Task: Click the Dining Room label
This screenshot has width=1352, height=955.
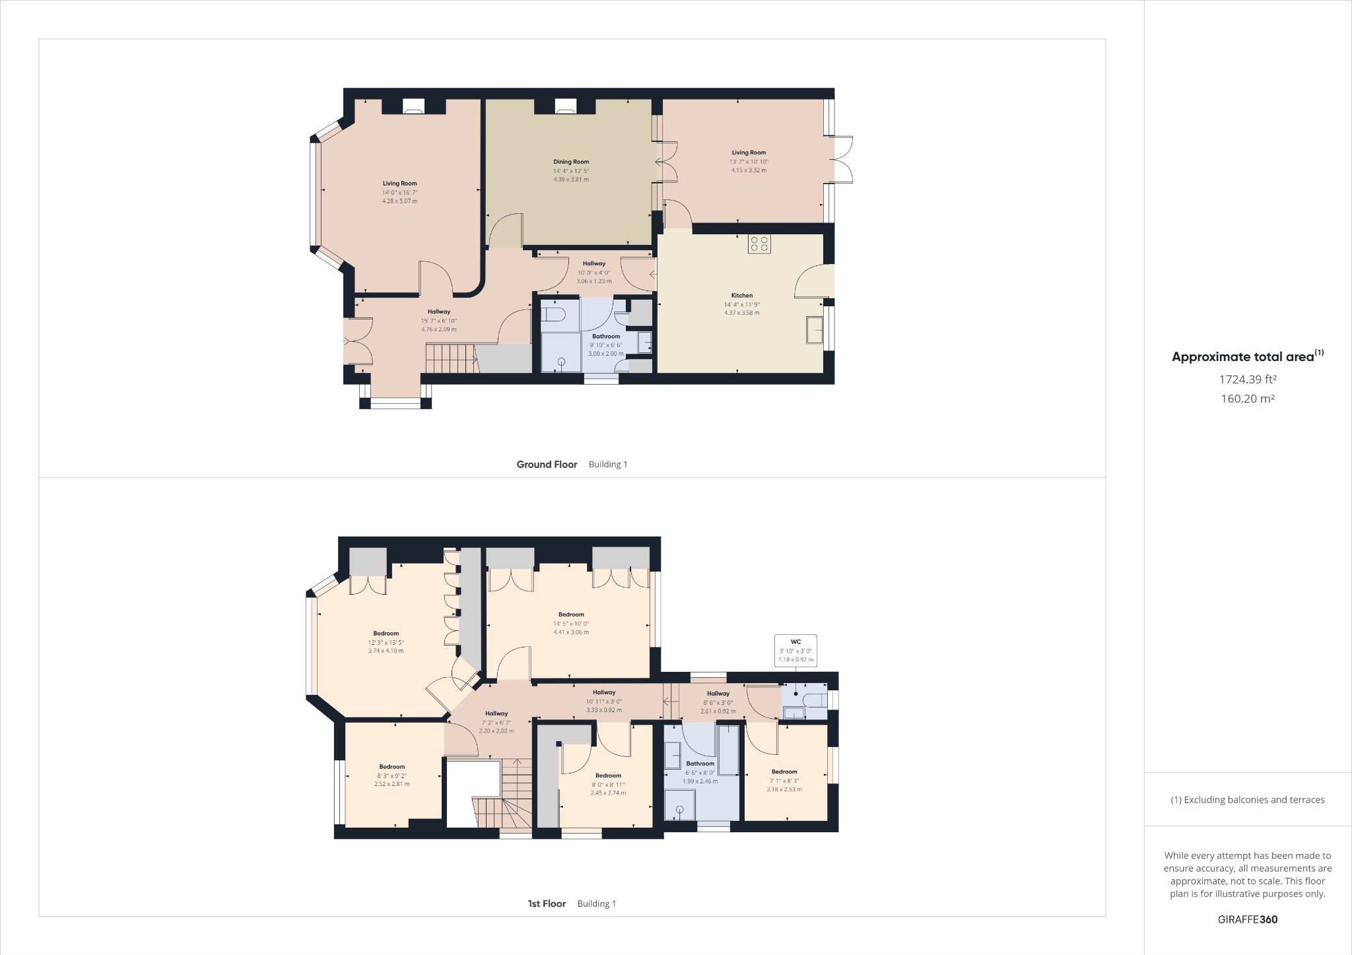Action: [x=571, y=162]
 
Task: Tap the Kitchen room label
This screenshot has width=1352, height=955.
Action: [x=741, y=296]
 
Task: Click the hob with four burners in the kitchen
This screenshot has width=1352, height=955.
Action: [x=759, y=244]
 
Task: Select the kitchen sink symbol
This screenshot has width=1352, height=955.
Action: [x=815, y=330]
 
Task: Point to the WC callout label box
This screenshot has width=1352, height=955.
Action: [x=795, y=650]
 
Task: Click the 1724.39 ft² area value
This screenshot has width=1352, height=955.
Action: [x=1247, y=379]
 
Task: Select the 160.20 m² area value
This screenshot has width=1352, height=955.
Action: [x=1247, y=399]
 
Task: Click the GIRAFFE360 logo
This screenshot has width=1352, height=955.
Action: [x=1247, y=919]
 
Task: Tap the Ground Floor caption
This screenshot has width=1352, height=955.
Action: [x=547, y=465]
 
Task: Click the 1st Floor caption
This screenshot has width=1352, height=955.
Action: [x=547, y=904]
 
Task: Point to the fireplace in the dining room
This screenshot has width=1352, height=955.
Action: [x=565, y=106]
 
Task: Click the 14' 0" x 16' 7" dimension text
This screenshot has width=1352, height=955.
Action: [x=399, y=193]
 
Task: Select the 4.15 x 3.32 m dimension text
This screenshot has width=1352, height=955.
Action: [x=749, y=170]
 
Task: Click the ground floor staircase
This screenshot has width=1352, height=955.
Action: [x=450, y=358]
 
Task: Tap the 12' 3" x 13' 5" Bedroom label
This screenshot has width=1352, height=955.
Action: [x=386, y=634]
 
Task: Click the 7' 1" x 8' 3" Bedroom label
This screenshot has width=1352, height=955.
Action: [x=784, y=772]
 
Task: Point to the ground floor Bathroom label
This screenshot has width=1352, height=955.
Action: [x=605, y=337]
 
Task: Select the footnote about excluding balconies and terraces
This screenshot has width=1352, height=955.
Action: [x=1247, y=800]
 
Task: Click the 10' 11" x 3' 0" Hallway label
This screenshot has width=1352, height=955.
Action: [x=603, y=692]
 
